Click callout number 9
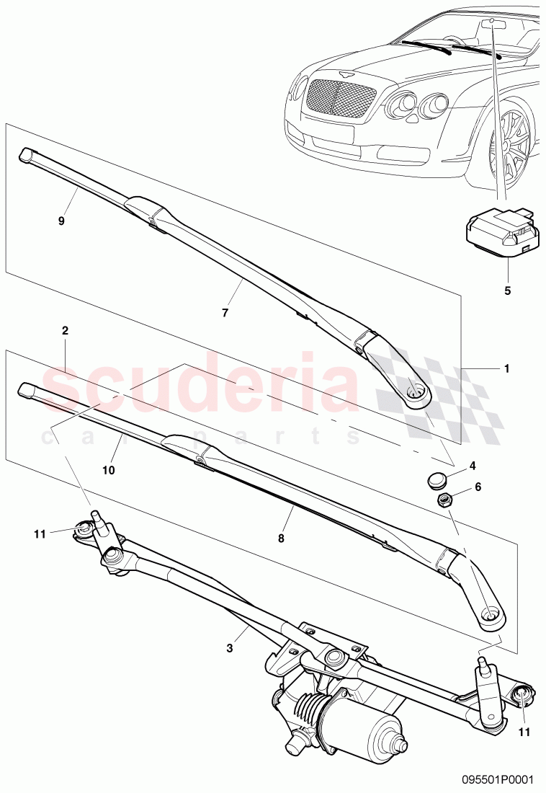[x=61, y=221]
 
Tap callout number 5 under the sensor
[x=506, y=291]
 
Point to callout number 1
[x=506, y=368]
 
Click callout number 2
[x=66, y=331]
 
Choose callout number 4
[x=473, y=466]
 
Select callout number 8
[x=282, y=538]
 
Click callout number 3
[x=230, y=648]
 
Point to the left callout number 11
[x=40, y=534]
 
